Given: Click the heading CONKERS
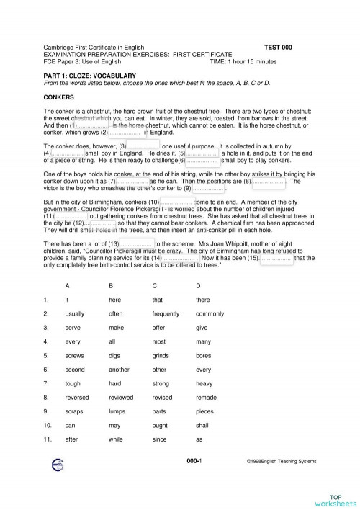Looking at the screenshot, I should (x=57, y=96).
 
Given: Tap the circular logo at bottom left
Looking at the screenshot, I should (x=57, y=483).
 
